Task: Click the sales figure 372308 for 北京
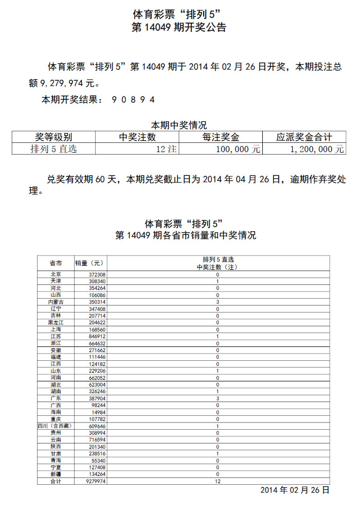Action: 97,275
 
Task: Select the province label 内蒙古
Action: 56,302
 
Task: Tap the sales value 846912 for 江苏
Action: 97,336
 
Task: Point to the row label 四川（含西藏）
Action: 56,426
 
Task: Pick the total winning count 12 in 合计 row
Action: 218,482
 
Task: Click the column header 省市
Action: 56,263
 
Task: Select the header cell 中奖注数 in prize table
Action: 137,137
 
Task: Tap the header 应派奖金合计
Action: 304,137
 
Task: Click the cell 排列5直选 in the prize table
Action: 53,149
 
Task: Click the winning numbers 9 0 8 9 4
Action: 133,99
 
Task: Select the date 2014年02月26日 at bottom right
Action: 295,490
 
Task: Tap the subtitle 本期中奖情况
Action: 178,125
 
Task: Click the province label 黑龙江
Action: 56,322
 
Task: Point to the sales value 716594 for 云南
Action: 97,440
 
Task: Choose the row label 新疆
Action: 56,474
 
